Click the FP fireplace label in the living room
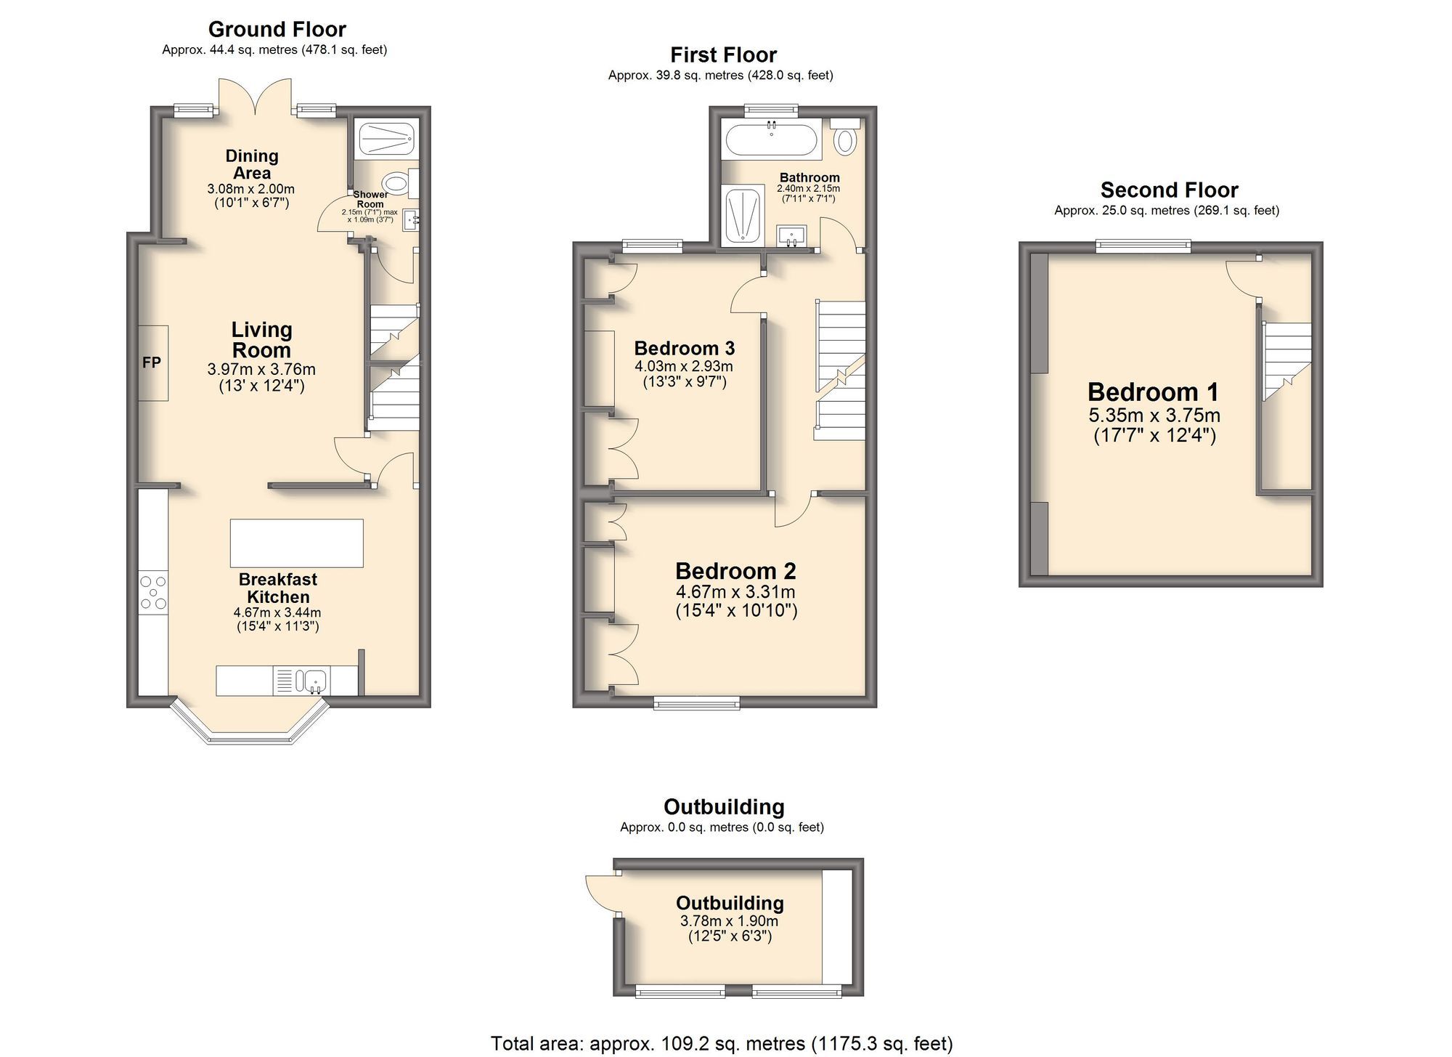coord(152,363)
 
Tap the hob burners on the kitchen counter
coord(153,592)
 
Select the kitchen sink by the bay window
coord(317,681)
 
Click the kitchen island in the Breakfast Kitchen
coord(296,543)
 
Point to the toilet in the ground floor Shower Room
coord(396,182)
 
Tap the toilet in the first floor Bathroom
coord(844,140)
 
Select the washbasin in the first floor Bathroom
coord(791,235)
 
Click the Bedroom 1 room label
coord(1153,392)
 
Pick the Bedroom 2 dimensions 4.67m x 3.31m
coord(735,592)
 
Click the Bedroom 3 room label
coord(685,348)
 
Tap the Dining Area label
coord(252,164)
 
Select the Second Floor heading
coord(1169,190)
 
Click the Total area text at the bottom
coord(721,1044)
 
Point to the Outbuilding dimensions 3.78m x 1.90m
coord(729,921)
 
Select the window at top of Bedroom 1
coord(1143,247)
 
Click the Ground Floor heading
coord(277,30)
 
